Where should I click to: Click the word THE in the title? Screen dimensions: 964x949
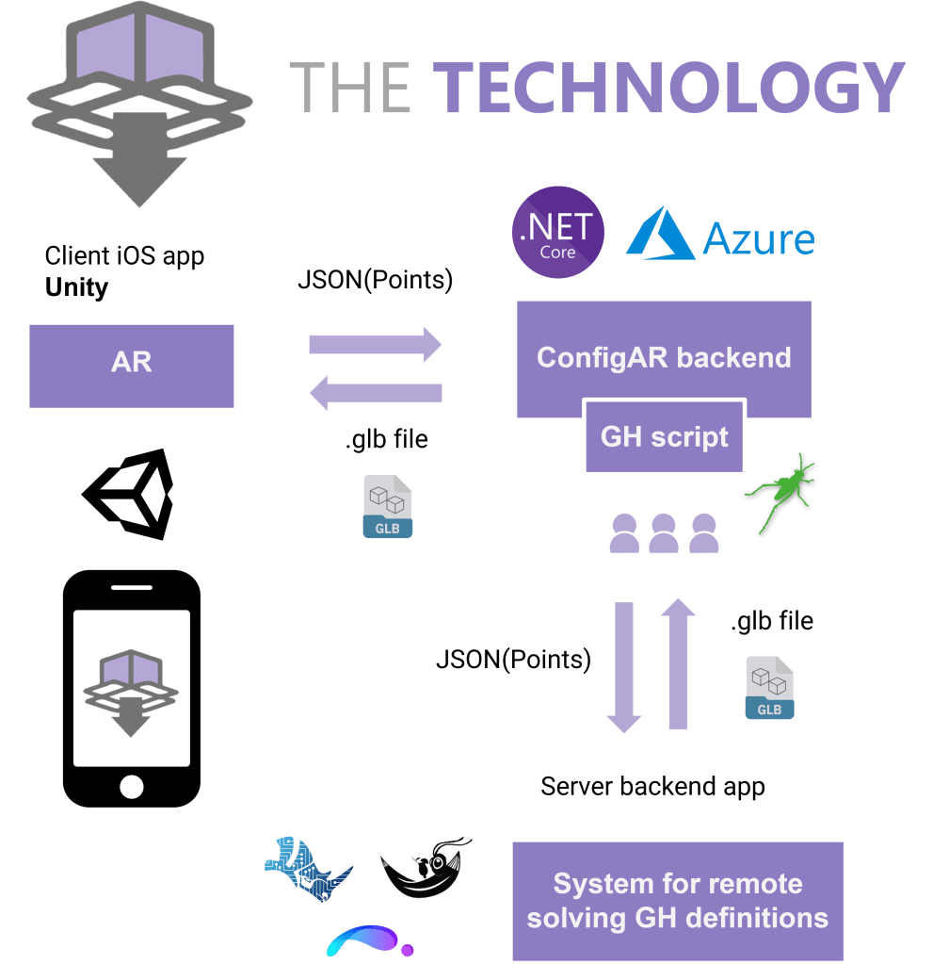(x=349, y=88)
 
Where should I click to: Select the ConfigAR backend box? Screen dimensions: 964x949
(x=664, y=357)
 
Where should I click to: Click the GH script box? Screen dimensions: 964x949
(x=665, y=437)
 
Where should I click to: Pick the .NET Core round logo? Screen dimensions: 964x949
(x=558, y=232)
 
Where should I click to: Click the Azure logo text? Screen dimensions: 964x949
(x=757, y=239)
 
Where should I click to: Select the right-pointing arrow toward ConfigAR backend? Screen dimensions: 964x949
(x=375, y=344)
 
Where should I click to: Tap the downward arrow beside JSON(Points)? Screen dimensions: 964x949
(x=623, y=665)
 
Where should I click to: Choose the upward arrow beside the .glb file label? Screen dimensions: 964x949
(x=678, y=664)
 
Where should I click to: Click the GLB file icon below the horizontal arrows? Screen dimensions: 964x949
(x=388, y=507)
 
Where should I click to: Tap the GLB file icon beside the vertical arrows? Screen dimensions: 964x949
(x=769, y=689)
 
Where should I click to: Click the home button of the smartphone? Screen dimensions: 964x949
(x=132, y=786)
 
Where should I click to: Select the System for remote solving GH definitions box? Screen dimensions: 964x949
(x=677, y=901)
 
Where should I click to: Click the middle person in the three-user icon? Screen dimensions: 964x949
(x=664, y=535)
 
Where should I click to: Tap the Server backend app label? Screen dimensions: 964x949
(x=652, y=786)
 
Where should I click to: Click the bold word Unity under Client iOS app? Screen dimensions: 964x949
(x=77, y=287)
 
